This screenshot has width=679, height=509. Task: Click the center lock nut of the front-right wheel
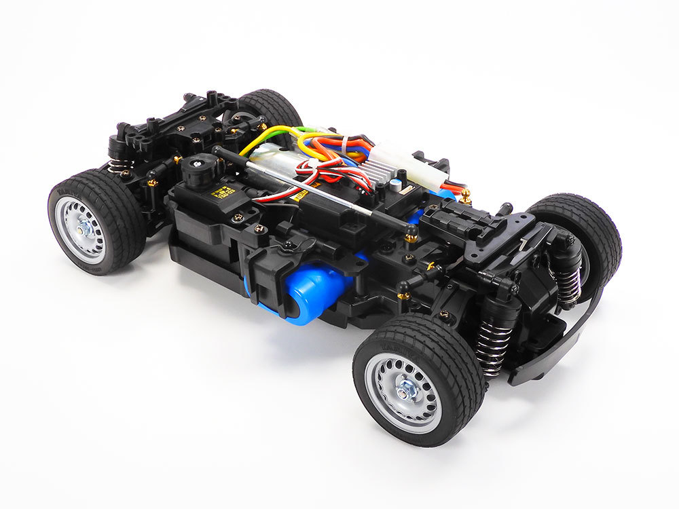click(x=407, y=390)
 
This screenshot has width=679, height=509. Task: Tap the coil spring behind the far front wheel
click(x=568, y=281)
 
